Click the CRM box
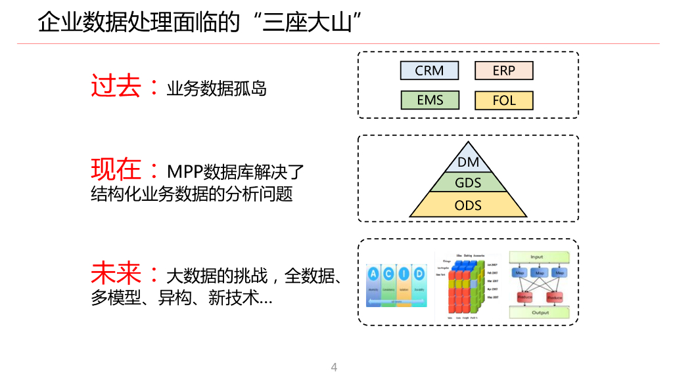(429, 70)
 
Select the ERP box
(503, 70)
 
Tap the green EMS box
(429, 100)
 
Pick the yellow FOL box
(503, 100)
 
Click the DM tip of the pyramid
(468, 161)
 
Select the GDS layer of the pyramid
(468, 182)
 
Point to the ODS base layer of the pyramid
(468, 205)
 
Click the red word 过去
(115, 86)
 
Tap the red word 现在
(115, 170)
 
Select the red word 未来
(115, 273)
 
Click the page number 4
(334, 367)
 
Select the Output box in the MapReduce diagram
(540, 312)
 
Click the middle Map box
(540, 272)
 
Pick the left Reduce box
(524, 297)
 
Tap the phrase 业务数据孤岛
(216, 89)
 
